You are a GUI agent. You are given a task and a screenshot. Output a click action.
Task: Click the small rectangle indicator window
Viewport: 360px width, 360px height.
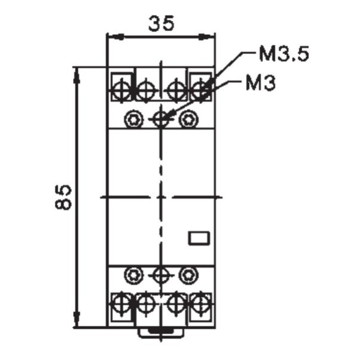point(197,238)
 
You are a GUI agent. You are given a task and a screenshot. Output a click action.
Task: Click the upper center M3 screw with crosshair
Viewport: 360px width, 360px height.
point(160,119)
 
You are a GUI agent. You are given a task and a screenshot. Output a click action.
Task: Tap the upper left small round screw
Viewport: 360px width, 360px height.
point(132,119)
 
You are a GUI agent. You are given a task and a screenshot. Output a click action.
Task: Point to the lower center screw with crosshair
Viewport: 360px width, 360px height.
point(160,275)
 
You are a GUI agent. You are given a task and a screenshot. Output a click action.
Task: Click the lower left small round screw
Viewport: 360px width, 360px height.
point(132,275)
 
